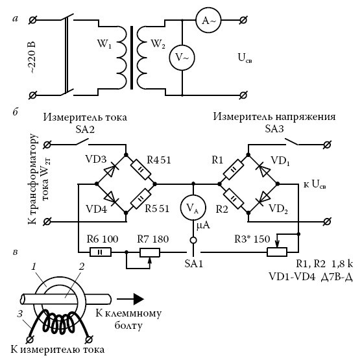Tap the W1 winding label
click(x=104, y=44)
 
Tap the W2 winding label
click(x=158, y=44)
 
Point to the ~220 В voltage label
click(x=32, y=58)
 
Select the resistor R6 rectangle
click(x=101, y=252)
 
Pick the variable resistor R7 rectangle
click(x=150, y=252)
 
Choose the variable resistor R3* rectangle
click(x=277, y=252)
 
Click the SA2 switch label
click(x=85, y=130)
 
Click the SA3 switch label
click(x=274, y=129)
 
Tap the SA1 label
click(x=194, y=263)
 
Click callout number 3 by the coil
click(x=20, y=313)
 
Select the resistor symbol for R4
click(x=141, y=169)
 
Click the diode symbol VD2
click(x=263, y=198)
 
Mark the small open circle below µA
click(x=193, y=241)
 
